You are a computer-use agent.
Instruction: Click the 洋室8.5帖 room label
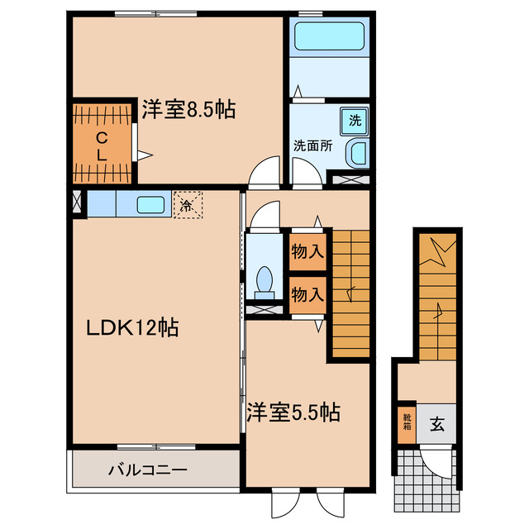(x=188, y=109)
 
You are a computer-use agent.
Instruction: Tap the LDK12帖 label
(x=133, y=327)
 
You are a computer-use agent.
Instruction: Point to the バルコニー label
(x=148, y=470)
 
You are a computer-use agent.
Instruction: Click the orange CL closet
(x=101, y=142)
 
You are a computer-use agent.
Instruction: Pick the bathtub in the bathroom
(x=328, y=36)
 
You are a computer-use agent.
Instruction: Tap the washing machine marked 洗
(x=355, y=120)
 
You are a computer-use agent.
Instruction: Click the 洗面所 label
(x=313, y=145)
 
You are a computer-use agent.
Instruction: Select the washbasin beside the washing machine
(x=357, y=152)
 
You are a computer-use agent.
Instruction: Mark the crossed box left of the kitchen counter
(x=76, y=203)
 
